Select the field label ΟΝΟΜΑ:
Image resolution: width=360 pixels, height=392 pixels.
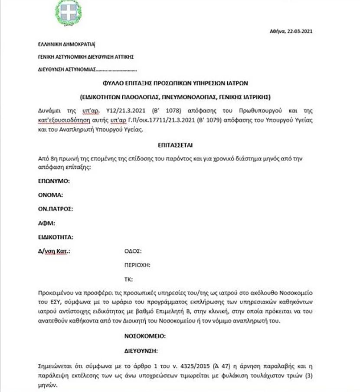[51, 195]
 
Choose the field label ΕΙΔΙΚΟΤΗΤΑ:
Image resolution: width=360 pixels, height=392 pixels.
[56, 237]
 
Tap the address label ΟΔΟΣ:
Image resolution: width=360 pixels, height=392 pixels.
[133, 251]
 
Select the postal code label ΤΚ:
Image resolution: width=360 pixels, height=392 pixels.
[128, 279]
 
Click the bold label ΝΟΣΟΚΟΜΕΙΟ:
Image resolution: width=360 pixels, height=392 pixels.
[145, 336]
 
